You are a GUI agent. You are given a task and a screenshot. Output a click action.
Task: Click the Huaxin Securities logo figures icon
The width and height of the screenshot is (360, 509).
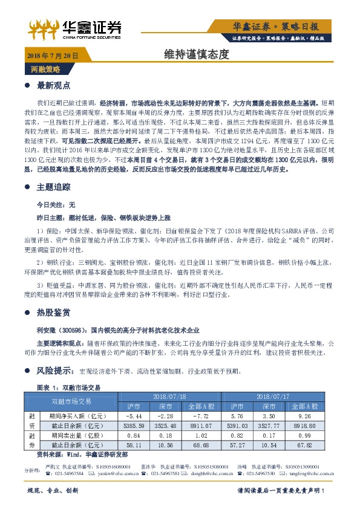tap(44, 27)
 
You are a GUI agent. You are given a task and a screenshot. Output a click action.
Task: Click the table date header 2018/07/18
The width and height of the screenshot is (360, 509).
tap(169, 396)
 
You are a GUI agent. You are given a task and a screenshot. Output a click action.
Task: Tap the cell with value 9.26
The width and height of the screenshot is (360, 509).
tap(305, 416)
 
